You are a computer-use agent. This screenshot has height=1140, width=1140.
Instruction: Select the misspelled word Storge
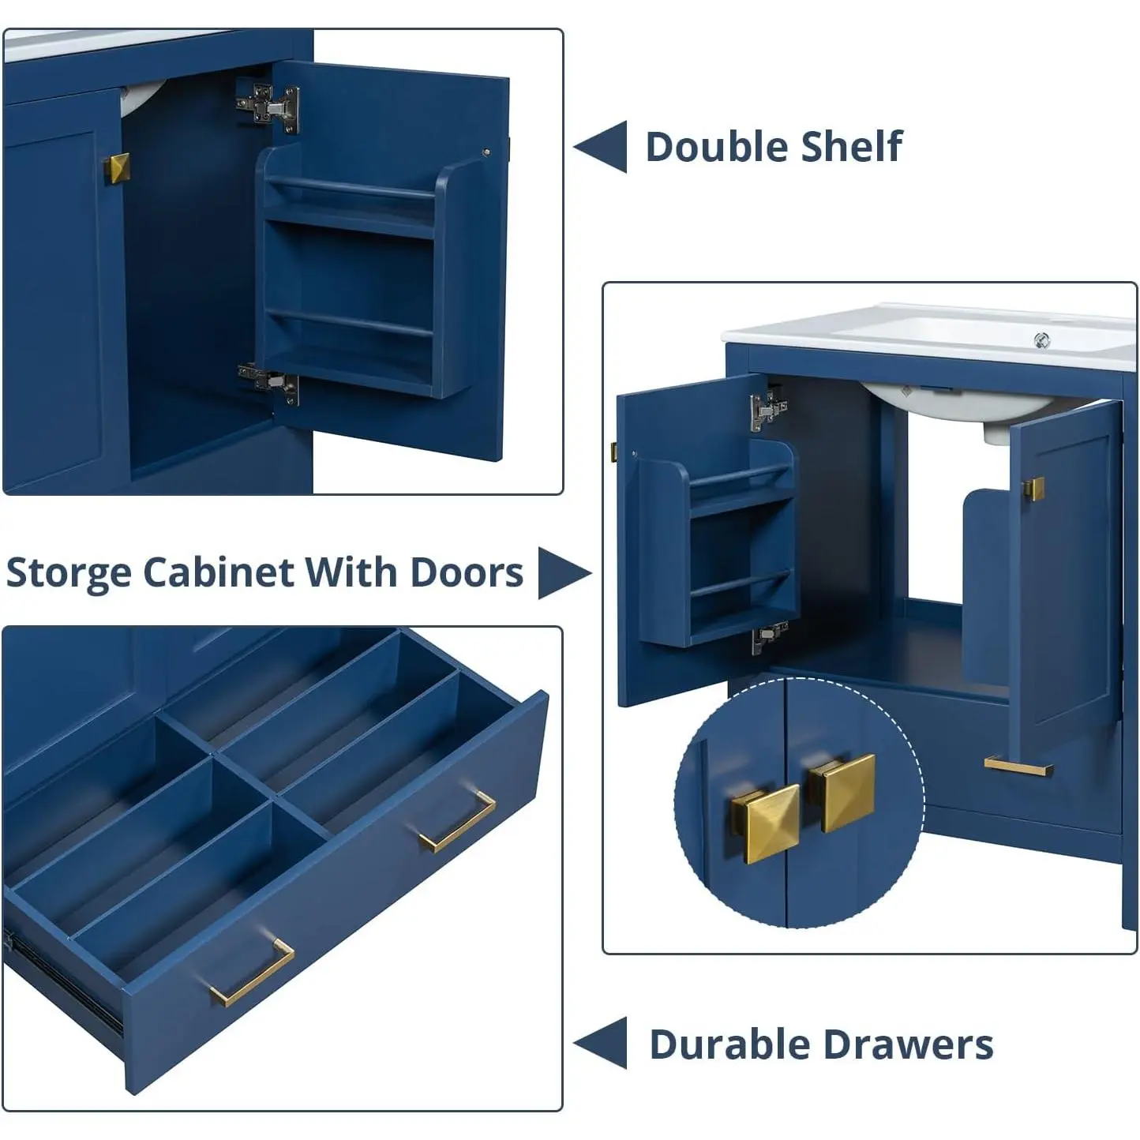[x=69, y=573]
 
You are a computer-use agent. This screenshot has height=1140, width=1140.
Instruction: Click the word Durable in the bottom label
[x=729, y=1044]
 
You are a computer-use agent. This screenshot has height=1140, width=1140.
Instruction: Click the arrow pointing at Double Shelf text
[x=601, y=147]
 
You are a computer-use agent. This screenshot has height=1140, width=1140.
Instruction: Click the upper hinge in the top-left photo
[x=268, y=107]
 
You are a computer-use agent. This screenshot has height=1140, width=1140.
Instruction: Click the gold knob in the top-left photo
[x=117, y=168]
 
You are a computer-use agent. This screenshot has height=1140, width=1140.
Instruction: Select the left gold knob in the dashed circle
[x=765, y=823]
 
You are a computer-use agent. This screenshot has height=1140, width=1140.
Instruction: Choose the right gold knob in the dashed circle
[x=842, y=792]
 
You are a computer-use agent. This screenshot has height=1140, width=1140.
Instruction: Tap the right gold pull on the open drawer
[x=457, y=821]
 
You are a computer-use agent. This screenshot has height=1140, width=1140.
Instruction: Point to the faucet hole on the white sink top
[x=1042, y=340]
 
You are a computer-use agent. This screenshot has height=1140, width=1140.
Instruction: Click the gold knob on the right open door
[x=1033, y=489]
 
